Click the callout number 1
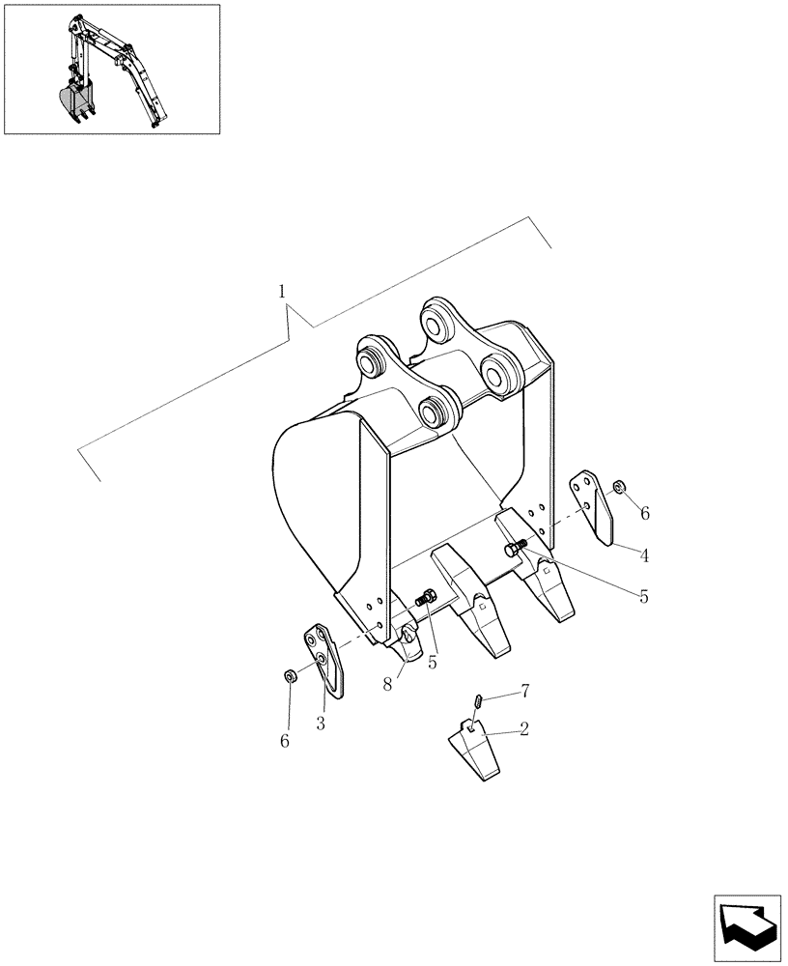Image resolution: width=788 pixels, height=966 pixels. [281, 291]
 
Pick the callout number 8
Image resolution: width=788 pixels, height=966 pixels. [386, 682]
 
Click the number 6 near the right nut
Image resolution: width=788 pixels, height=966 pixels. [645, 513]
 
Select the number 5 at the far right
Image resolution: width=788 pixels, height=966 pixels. [643, 596]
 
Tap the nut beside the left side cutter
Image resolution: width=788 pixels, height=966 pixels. [289, 675]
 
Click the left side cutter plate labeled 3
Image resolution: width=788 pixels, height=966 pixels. [323, 659]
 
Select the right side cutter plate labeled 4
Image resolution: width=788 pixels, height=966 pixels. [594, 507]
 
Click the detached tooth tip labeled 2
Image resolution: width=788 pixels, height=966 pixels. [473, 749]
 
